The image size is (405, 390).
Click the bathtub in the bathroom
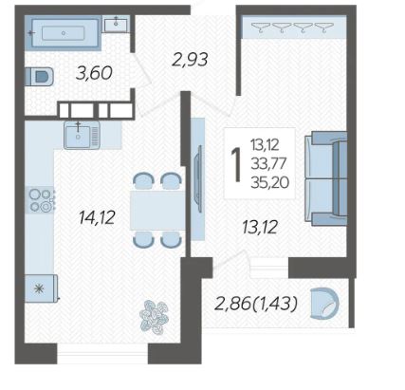click(64, 33)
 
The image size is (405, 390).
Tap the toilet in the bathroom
click(39, 76)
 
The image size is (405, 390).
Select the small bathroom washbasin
click(116, 24)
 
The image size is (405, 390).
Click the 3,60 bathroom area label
click(94, 73)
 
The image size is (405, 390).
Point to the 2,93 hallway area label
click(190, 59)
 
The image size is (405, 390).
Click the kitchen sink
click(82, 135)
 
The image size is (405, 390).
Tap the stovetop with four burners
click(42, 200)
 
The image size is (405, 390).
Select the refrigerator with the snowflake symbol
click(41, 288)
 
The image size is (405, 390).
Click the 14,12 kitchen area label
click(97, 217)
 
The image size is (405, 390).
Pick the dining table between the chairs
click(157, 210)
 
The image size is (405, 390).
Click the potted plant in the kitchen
click(155, 317)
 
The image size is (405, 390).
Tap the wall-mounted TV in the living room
click(199, 179)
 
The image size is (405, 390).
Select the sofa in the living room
click(326, 179)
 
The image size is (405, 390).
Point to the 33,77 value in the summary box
click(268, 163)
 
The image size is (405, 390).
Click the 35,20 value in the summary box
click(269, 182)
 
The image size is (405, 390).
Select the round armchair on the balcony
click(324, 303)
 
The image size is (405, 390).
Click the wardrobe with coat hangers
click(294, 27)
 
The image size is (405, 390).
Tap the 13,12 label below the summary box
click(260, 227)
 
